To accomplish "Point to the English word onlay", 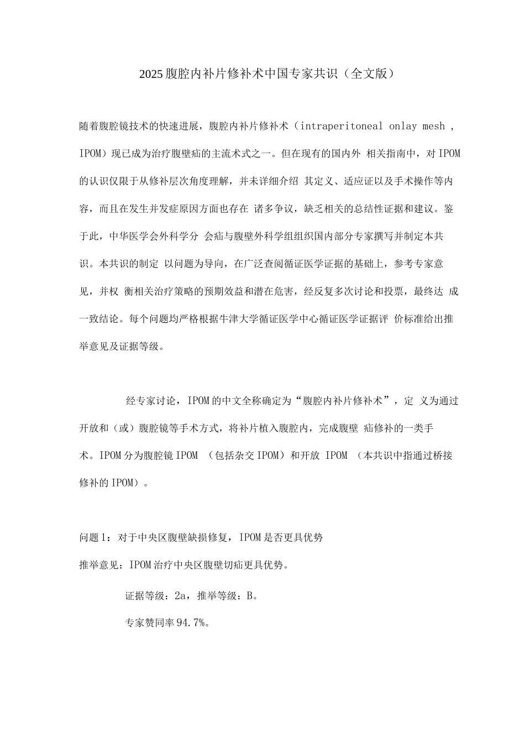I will [403, 126].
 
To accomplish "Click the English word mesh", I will [434, 126].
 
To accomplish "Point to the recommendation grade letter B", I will [250, 595].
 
